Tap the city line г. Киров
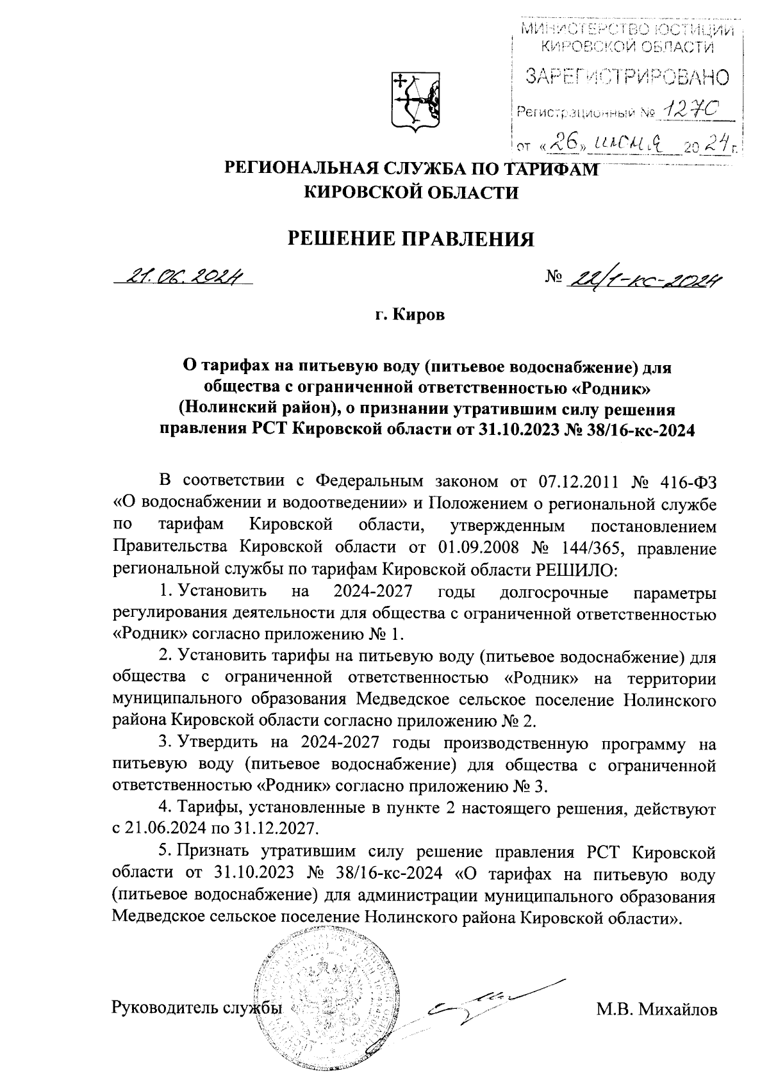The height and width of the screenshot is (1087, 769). [x=410, y=316]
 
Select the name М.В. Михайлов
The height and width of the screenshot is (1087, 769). [x=656, y=1010]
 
